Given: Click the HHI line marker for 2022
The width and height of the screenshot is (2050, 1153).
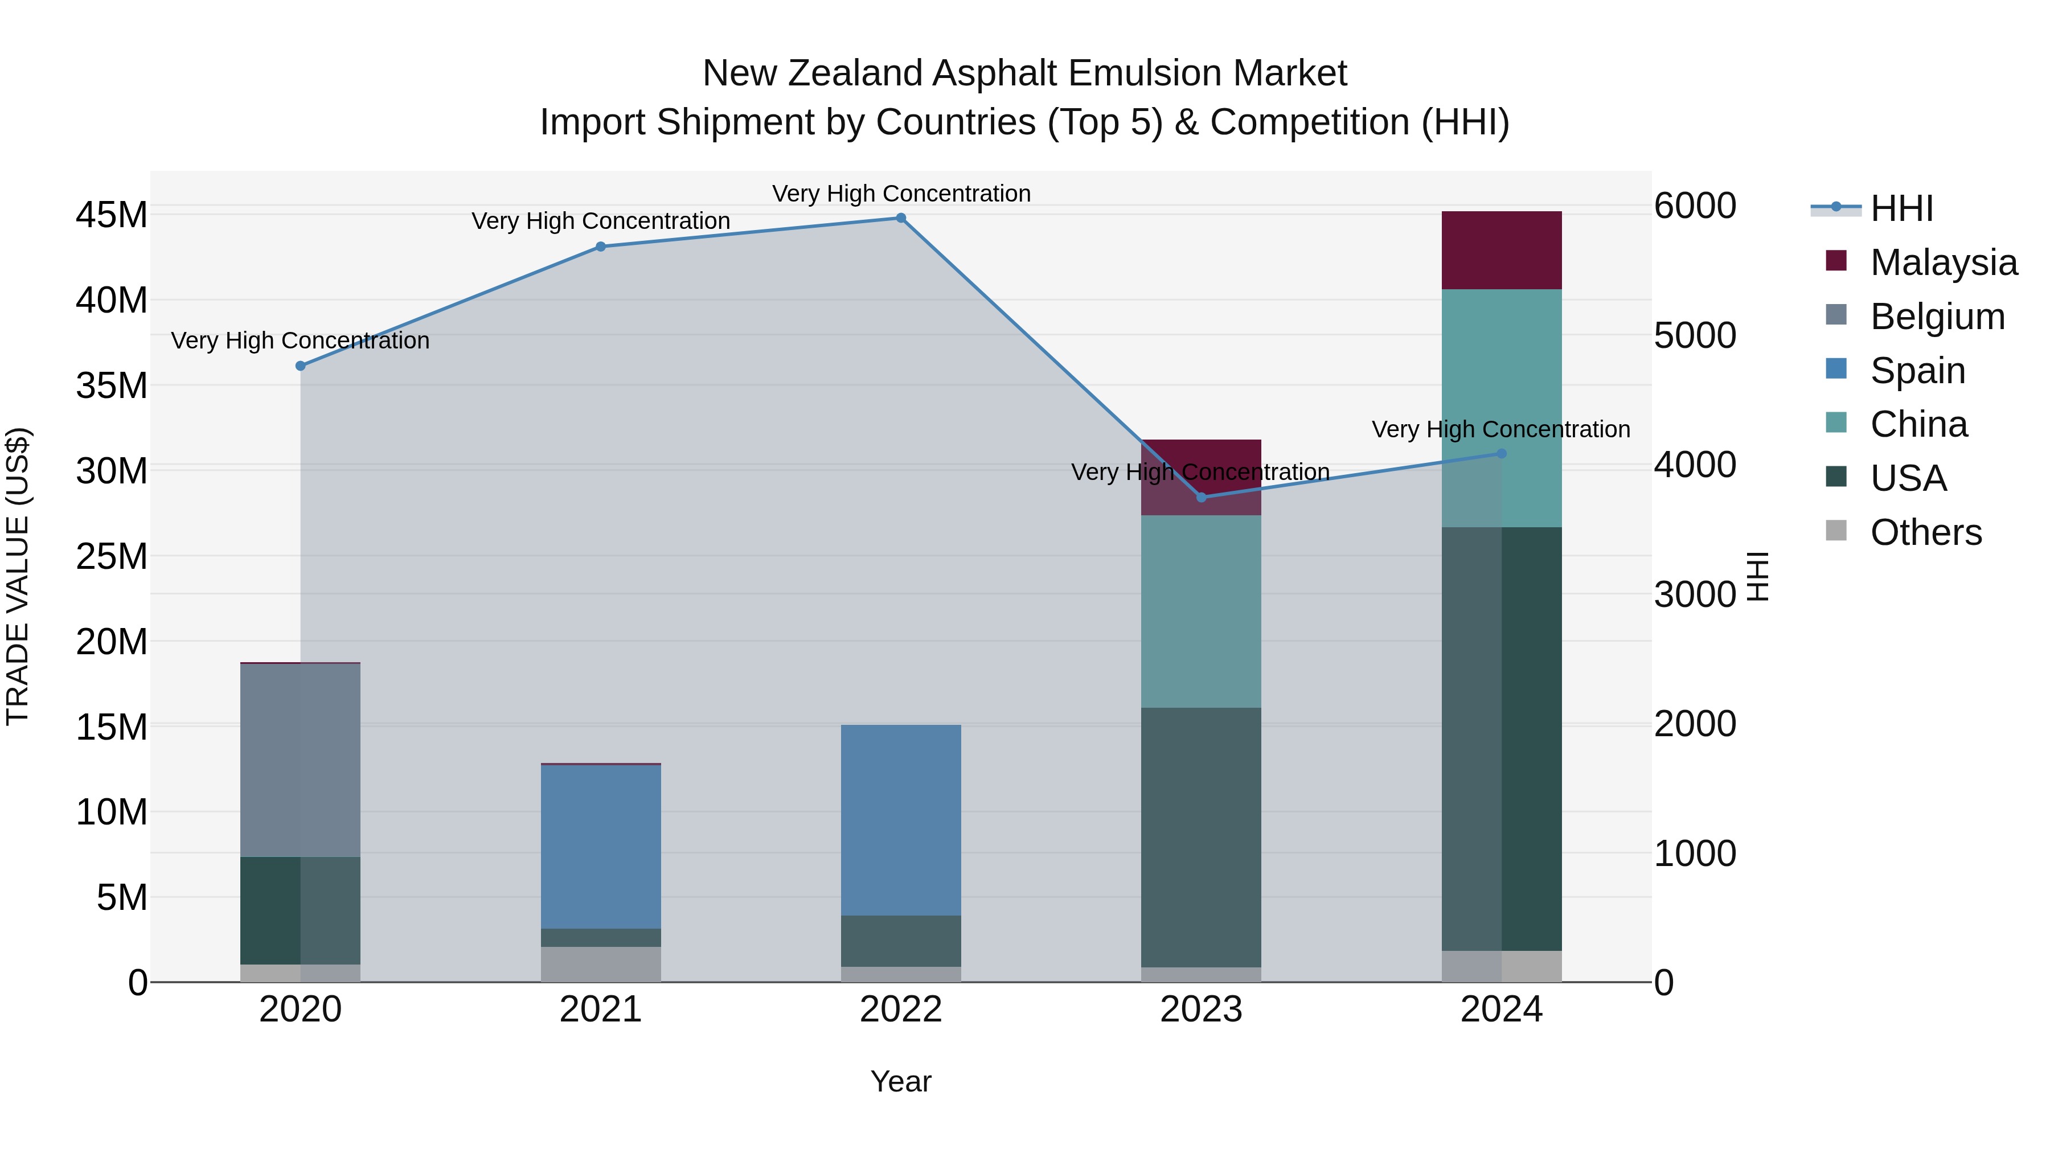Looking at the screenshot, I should [901, 218].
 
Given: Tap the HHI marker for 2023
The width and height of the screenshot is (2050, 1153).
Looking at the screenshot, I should [1202, 497].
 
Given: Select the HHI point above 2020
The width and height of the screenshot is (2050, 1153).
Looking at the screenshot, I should [301, 366].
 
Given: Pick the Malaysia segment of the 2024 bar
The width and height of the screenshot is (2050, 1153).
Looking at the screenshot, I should [1502, 251].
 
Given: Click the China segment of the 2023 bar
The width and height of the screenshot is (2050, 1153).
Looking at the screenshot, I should [1201, 611].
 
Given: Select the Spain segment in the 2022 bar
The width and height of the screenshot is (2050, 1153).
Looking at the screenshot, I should [901, 819].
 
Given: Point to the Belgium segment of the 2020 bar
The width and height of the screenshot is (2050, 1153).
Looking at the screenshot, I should [300, 760].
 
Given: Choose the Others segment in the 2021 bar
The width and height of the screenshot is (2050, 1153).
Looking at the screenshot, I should [601, 963].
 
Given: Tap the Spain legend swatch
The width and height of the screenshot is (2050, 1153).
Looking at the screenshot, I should [1836, 369].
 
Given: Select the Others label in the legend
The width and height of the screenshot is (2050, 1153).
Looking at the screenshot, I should [1926, 532].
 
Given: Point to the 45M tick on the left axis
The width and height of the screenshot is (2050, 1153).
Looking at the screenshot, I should [112, 215].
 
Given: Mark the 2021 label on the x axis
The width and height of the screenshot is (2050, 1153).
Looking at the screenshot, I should [601, 1010].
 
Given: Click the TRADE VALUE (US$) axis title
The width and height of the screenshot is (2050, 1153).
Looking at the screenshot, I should [18, 576].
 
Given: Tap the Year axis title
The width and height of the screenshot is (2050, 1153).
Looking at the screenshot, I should [901, 1081].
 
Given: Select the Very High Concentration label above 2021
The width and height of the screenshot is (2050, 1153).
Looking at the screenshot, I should [601, 221].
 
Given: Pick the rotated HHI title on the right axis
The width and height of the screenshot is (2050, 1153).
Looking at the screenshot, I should [1758, 576].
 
